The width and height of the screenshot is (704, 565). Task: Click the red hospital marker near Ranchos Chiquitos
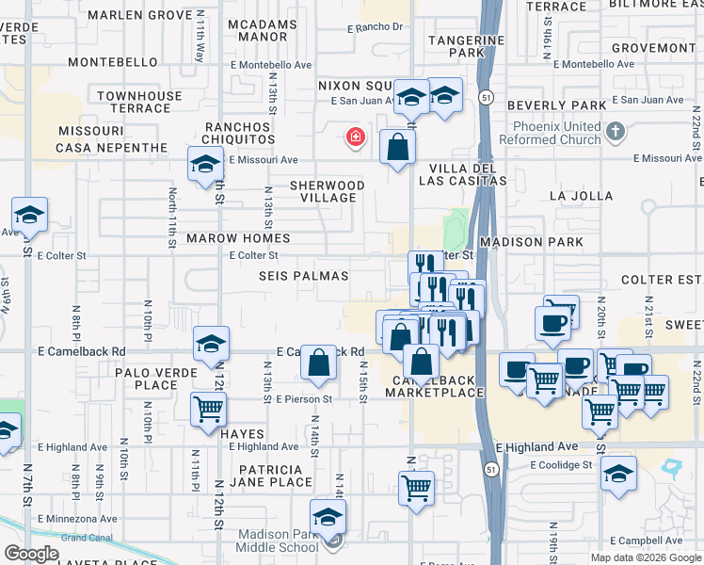pyautogui.click(x=356, y=138)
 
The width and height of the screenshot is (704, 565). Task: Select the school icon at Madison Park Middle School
pyautogui.click(x=328, y=517)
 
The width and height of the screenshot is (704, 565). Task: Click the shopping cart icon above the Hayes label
pyautogui.click(x=208, y=409)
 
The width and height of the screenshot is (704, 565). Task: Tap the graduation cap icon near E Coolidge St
pyautogui.click(x=618, y=474)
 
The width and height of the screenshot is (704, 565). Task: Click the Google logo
pyautogui.click(x=31, y=554)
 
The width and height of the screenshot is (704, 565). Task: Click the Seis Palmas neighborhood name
pyautogui.click(x=304, y=276)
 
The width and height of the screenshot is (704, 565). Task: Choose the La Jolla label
pyautogui.click(x=582, y=196)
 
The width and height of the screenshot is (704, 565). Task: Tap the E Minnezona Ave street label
pyautogui.click(x=76, y=518)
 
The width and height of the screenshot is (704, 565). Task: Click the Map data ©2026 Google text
pyautogui.click(x=645, y=557)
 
